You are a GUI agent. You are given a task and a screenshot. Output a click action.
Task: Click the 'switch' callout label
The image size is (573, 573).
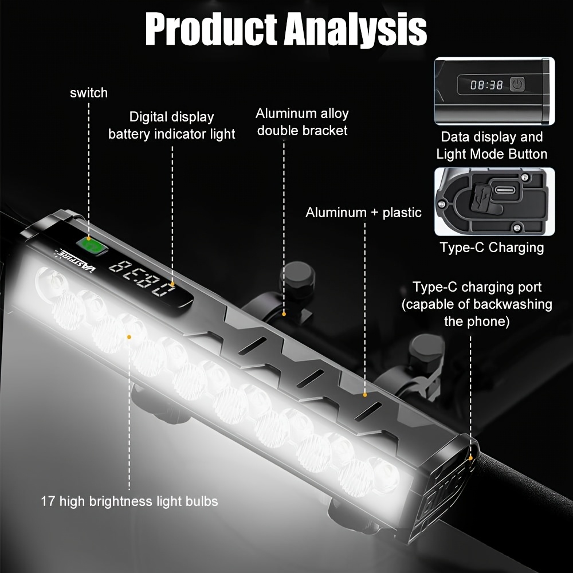[x=89, y=93]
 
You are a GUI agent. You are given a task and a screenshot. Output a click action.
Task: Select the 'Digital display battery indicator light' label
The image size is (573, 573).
[x=171, y=125]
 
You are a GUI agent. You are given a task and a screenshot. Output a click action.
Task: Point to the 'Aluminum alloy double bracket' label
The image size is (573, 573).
[x=302, y=122]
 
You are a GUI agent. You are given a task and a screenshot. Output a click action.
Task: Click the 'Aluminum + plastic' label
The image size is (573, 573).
[x=363, y=213]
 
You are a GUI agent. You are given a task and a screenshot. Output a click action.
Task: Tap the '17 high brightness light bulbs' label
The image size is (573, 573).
[x=129, y=501]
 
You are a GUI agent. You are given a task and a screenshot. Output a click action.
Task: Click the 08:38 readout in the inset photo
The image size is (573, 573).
[x=486, y=85]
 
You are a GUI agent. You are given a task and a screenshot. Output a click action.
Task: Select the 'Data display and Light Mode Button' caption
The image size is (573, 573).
[x=492, y=146]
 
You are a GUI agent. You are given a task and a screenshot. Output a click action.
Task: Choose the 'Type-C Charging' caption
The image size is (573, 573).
[x=492, y=248]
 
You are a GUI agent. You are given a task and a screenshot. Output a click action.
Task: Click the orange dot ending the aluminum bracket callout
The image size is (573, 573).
[x=284, y=313]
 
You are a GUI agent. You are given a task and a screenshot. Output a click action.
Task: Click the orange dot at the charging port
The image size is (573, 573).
[x=470, y=457]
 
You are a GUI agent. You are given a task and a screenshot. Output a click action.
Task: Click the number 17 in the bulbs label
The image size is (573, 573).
[x=48, y=501]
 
